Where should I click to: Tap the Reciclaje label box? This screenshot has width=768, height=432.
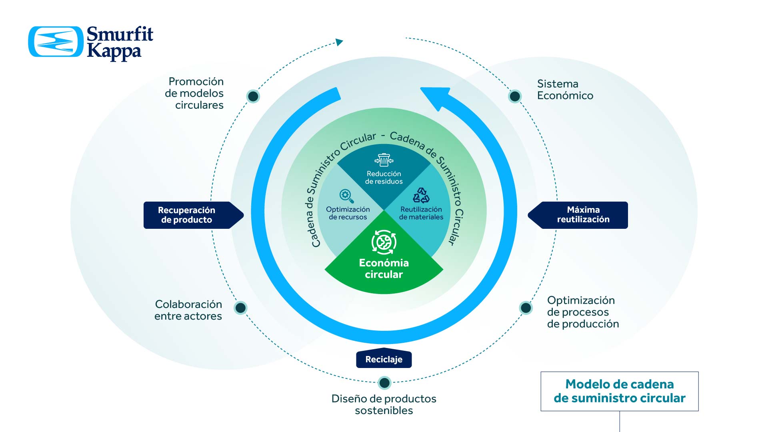[x=384, y=359]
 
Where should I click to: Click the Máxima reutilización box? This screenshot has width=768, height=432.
[x=583, y=215]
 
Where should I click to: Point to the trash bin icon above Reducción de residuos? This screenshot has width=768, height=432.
[x=384, y=160]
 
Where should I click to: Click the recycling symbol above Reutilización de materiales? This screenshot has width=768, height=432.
[x=421, y=196]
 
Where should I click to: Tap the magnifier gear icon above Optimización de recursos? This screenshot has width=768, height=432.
[x=346, y=196]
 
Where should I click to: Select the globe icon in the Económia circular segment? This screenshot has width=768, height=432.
[x=384, y=242]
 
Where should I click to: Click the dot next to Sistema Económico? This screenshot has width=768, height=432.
[x=515, y=96]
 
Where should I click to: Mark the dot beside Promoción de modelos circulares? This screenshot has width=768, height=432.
[x=253, y=96]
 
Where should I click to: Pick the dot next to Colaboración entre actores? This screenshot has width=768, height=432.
[x=240, y=308]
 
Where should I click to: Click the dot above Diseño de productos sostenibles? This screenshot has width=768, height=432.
[x=384, y=383]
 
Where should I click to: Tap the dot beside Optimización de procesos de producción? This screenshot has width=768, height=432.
[x=526, y=308]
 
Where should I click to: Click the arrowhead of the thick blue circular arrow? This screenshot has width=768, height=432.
[x=435, y=96]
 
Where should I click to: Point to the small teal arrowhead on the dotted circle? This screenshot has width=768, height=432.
[x=339, y=42]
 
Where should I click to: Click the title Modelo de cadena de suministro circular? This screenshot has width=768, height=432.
[x=619, y=391]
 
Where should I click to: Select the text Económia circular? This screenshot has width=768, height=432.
[x=384, y=268]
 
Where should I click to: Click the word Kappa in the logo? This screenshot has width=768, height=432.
[x=114, y=52]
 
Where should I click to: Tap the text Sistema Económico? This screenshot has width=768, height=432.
[x=565, y=90]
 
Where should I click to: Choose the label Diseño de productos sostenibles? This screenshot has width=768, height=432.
[x=384, y=404]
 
